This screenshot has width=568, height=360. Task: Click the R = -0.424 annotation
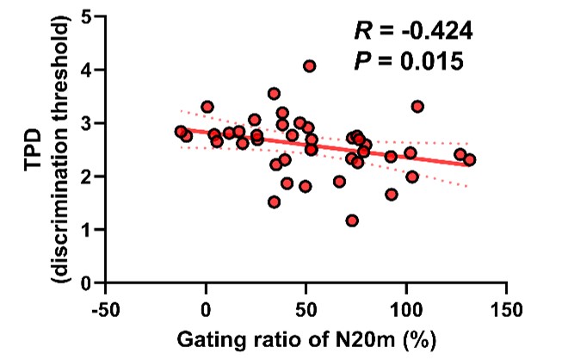(x=414, y=32)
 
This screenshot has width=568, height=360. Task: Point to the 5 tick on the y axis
(x=88, y=16)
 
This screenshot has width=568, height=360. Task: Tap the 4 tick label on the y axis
(x=88, y=69)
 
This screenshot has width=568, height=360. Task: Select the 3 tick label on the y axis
(x=88, y=122)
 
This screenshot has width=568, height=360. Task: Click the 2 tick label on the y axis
(x=88, y=176)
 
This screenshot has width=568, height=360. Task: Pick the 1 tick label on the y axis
(x=88, y=229)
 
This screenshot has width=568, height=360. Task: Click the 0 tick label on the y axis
(x=88, y=282)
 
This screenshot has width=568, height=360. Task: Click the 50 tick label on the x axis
(x=306, y=307)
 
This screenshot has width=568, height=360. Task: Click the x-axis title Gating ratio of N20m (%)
(x=305, y=338)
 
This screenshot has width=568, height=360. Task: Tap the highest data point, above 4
(x=310, y=65)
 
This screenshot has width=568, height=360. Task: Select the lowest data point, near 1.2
(x=352, y=220)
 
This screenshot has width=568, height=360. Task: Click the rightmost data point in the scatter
(x=469, y=159)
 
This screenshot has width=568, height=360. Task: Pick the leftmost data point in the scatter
(x=181, y=132)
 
